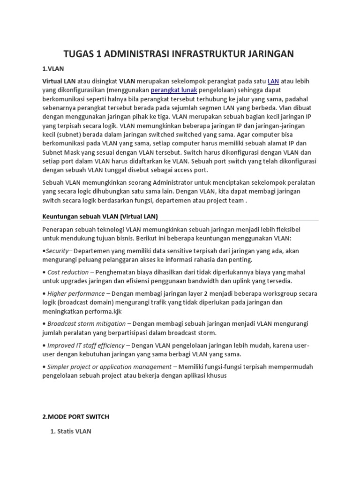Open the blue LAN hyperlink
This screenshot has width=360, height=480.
point(273,81)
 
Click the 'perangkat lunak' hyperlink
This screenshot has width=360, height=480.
point(174,90)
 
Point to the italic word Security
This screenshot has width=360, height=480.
point(57,251)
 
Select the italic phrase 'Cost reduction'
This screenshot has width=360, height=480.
point(68,272)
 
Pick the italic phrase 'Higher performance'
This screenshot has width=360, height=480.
point(76,293)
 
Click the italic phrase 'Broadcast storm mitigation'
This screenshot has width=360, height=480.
point(86,323)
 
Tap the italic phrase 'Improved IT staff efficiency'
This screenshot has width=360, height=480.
point(86,345)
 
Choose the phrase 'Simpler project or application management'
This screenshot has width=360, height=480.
point(109,367)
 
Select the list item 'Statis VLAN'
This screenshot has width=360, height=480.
point(74,431)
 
